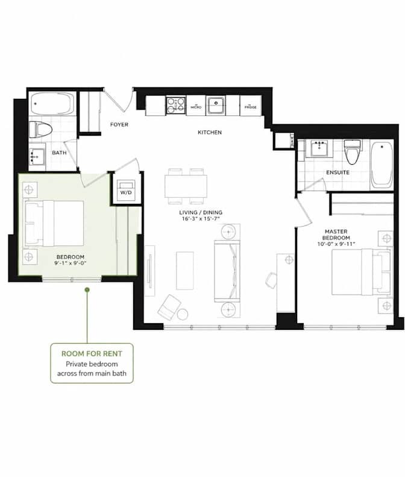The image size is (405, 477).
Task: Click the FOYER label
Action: (119, 124)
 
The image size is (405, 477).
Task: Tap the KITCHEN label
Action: (210, 132)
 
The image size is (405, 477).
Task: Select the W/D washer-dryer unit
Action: (126, 189)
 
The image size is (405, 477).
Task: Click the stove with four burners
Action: (176, 106)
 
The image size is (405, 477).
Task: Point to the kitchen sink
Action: (216, 106)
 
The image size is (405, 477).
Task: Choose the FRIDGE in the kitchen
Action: (251, 106)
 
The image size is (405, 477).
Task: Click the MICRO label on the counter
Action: (196, 107)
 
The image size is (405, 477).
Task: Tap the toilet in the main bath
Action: (40, 130)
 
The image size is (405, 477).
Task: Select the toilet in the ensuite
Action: (353, 151)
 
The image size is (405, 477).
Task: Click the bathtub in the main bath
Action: (52, 104)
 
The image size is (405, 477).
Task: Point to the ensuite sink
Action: (319, 149)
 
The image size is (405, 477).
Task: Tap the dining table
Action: (186, 186)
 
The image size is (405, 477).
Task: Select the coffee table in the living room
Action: (185, 271)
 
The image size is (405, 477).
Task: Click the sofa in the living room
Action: (227, 271)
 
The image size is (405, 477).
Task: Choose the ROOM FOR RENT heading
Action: (92, 353)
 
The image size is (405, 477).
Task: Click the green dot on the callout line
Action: (87, 289)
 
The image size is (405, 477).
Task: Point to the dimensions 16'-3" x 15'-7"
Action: (201, 219)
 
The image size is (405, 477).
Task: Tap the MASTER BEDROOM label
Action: (336, 235)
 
